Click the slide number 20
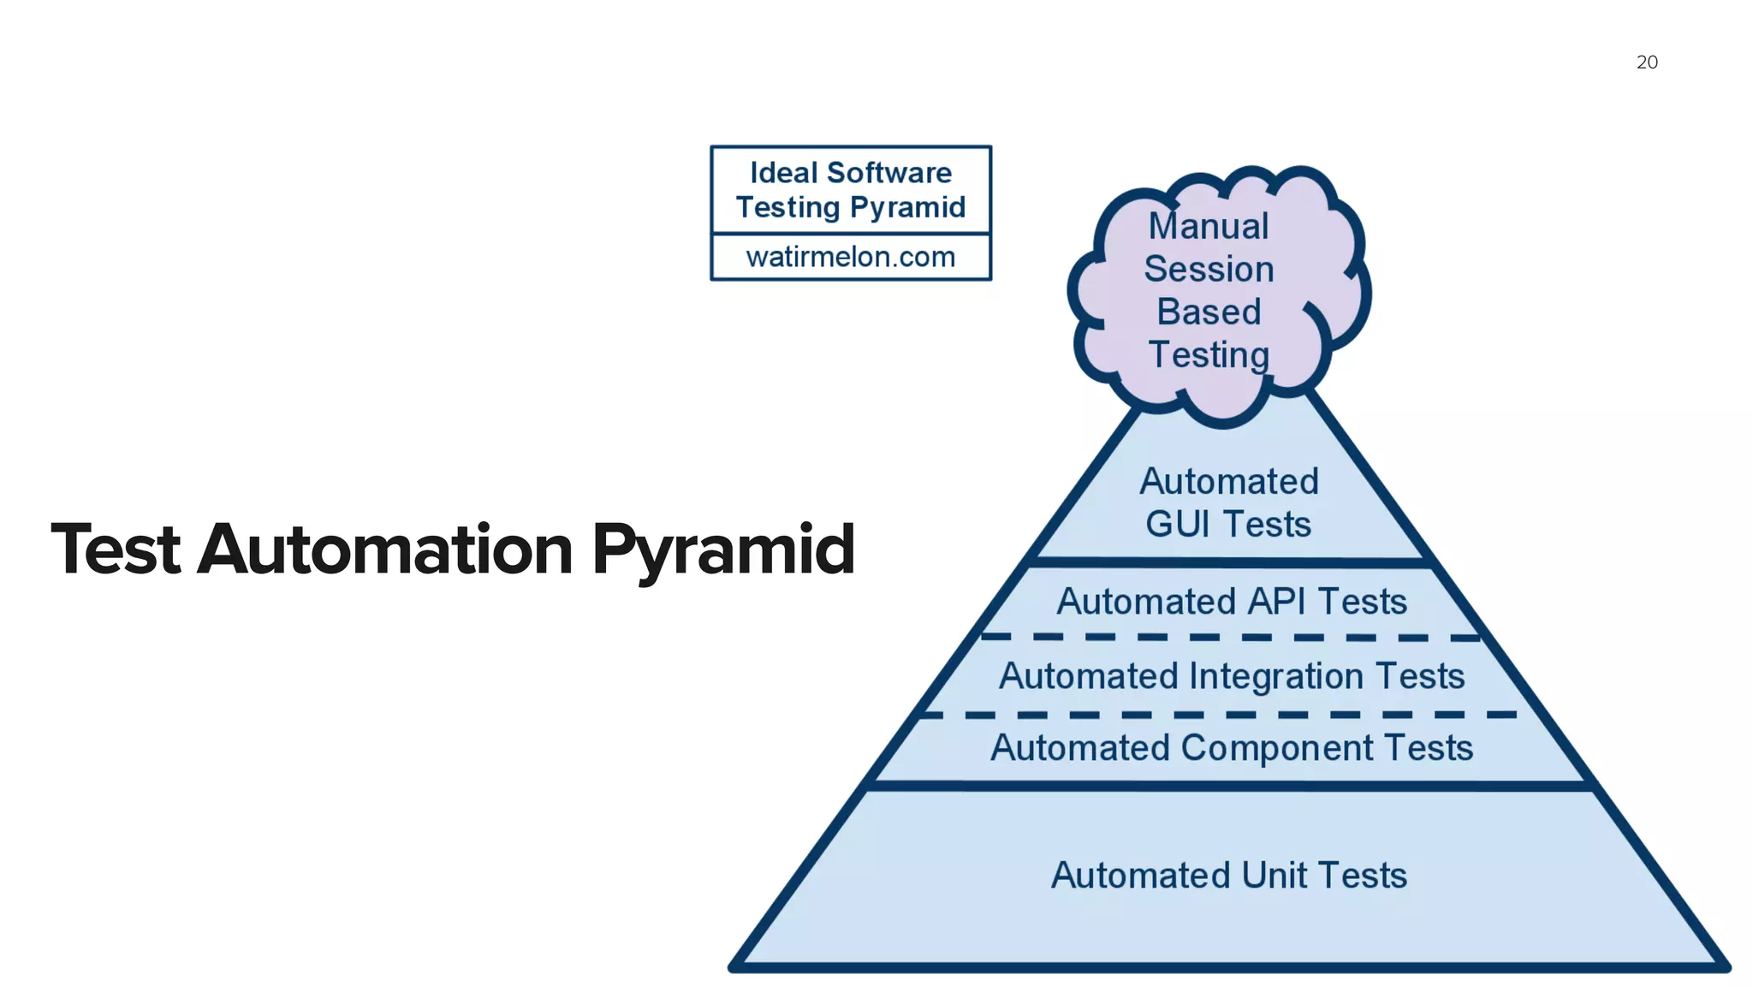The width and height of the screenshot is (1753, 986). (x=1647, y=62)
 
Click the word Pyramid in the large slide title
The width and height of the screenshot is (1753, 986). (x=723, y=550)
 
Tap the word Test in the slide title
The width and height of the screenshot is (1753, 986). (x=116, y=550)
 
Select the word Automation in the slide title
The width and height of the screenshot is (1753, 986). (x=385, y=550)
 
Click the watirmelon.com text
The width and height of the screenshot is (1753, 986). (x=850, y=257)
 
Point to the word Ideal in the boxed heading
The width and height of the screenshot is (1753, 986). (x=782, y=173)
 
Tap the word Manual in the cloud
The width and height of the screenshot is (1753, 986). (x=1208, y=227)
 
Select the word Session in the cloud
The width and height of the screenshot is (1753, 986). (x=1209, y=270)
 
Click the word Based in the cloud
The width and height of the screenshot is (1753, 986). (x=1209, y=312)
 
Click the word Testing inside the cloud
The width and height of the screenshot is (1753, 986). (x=1208, y=355)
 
